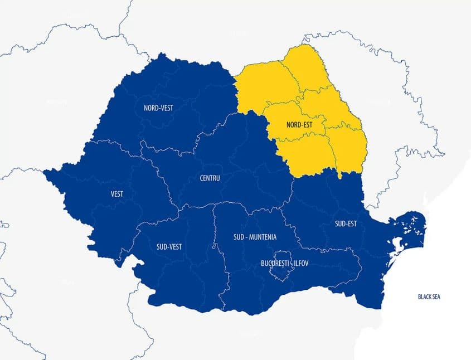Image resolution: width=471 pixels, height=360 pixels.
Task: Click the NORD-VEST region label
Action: coord(158,108)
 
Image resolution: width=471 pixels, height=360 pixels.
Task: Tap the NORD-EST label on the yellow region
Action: coord(299,125)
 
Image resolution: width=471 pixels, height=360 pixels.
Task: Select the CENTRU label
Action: coord(210,178)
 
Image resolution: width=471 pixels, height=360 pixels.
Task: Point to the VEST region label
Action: coord(117,194)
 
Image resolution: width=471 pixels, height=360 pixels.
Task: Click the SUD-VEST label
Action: coord(169,246)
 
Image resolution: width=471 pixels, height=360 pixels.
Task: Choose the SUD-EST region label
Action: coord(346,224)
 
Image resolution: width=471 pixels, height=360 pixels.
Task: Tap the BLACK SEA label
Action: coord(429,296)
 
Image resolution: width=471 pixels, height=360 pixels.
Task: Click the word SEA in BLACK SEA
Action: coord(436,296)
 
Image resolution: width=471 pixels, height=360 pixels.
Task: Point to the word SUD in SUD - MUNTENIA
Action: coord(239,237)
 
